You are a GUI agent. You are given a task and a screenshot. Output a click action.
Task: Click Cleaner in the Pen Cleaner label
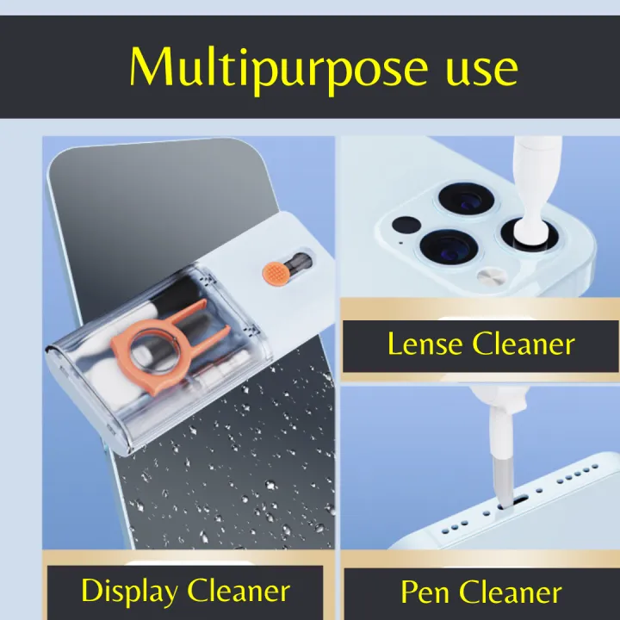(510, 592)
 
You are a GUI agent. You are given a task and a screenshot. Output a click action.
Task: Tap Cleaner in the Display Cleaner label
(239, 592)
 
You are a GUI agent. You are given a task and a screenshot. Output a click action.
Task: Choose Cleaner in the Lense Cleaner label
(523, 344)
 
